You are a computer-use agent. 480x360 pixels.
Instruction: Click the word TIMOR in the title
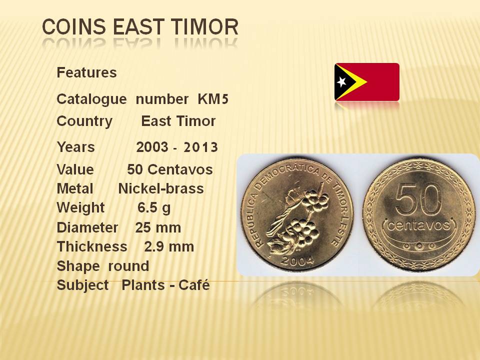pyautogui.click(x=205, y=26)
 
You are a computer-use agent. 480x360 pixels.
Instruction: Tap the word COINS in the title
pyautogui.click(x=74, y=26)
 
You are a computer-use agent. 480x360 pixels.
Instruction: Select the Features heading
pyautogui.click(x=86, y=72)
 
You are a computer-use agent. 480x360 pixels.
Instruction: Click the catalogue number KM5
pyautogui.click(x=213, y=99)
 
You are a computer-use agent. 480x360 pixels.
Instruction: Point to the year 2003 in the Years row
pyautogui.click(x=152, y=147)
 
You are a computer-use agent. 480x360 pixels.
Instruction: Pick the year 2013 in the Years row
pyautogui.click(x=200, y=147)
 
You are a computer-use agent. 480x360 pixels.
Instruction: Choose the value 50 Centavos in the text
pyautogui.click(x=170, y=169)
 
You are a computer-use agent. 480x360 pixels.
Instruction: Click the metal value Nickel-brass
pyautogui.click(x=161, y=188)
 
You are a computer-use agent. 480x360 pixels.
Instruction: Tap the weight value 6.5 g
pyautogui.click(x=154, y=208)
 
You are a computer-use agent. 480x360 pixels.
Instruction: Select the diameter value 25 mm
pyautogui.click(x=158, y=227)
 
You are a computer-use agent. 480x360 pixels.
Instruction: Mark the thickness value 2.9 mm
pyautogui.click(x=169, y=246)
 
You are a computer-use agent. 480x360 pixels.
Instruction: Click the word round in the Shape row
pyautogui.click(x=128, y=266)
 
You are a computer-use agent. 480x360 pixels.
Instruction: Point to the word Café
pyautogui.click(x=194, y=285)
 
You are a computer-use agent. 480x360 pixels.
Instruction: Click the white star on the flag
pyautogui.click(x=341, y=81)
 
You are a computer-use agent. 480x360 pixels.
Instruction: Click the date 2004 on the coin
pyautogui.click(x=297, y=260)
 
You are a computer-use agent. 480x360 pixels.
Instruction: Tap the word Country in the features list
pyautogui.click(x=84, y=121)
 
